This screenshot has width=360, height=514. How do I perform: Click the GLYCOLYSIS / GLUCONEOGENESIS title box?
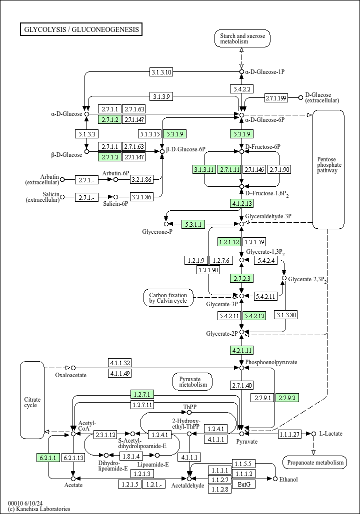coord(81,29)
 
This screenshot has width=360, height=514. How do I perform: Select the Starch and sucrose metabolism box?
coord(242,38)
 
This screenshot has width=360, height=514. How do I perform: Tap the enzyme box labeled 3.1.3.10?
coord(161,72)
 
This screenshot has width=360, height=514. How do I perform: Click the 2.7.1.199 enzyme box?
coord(276,97)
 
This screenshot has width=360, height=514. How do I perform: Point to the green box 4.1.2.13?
coord(242,203)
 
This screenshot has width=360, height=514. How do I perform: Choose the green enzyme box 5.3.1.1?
coord(193,224)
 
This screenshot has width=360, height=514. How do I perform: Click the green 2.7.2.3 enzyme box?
coord(242,278)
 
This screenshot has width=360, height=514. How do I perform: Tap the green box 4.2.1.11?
coord(242,350)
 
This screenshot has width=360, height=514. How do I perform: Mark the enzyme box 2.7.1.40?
coord(242,385)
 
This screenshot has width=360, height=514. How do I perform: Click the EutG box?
coord(244,484)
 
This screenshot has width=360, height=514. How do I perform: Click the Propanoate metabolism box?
coord(314,463)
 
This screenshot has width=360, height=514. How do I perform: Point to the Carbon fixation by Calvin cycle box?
coord(168,298)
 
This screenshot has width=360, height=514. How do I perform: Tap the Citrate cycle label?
coord(32,402)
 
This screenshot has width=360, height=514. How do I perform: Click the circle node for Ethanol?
coord(275,479)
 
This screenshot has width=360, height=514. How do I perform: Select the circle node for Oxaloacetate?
coord(73,368)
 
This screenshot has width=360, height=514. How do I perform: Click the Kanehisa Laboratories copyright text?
coord(39,509)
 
